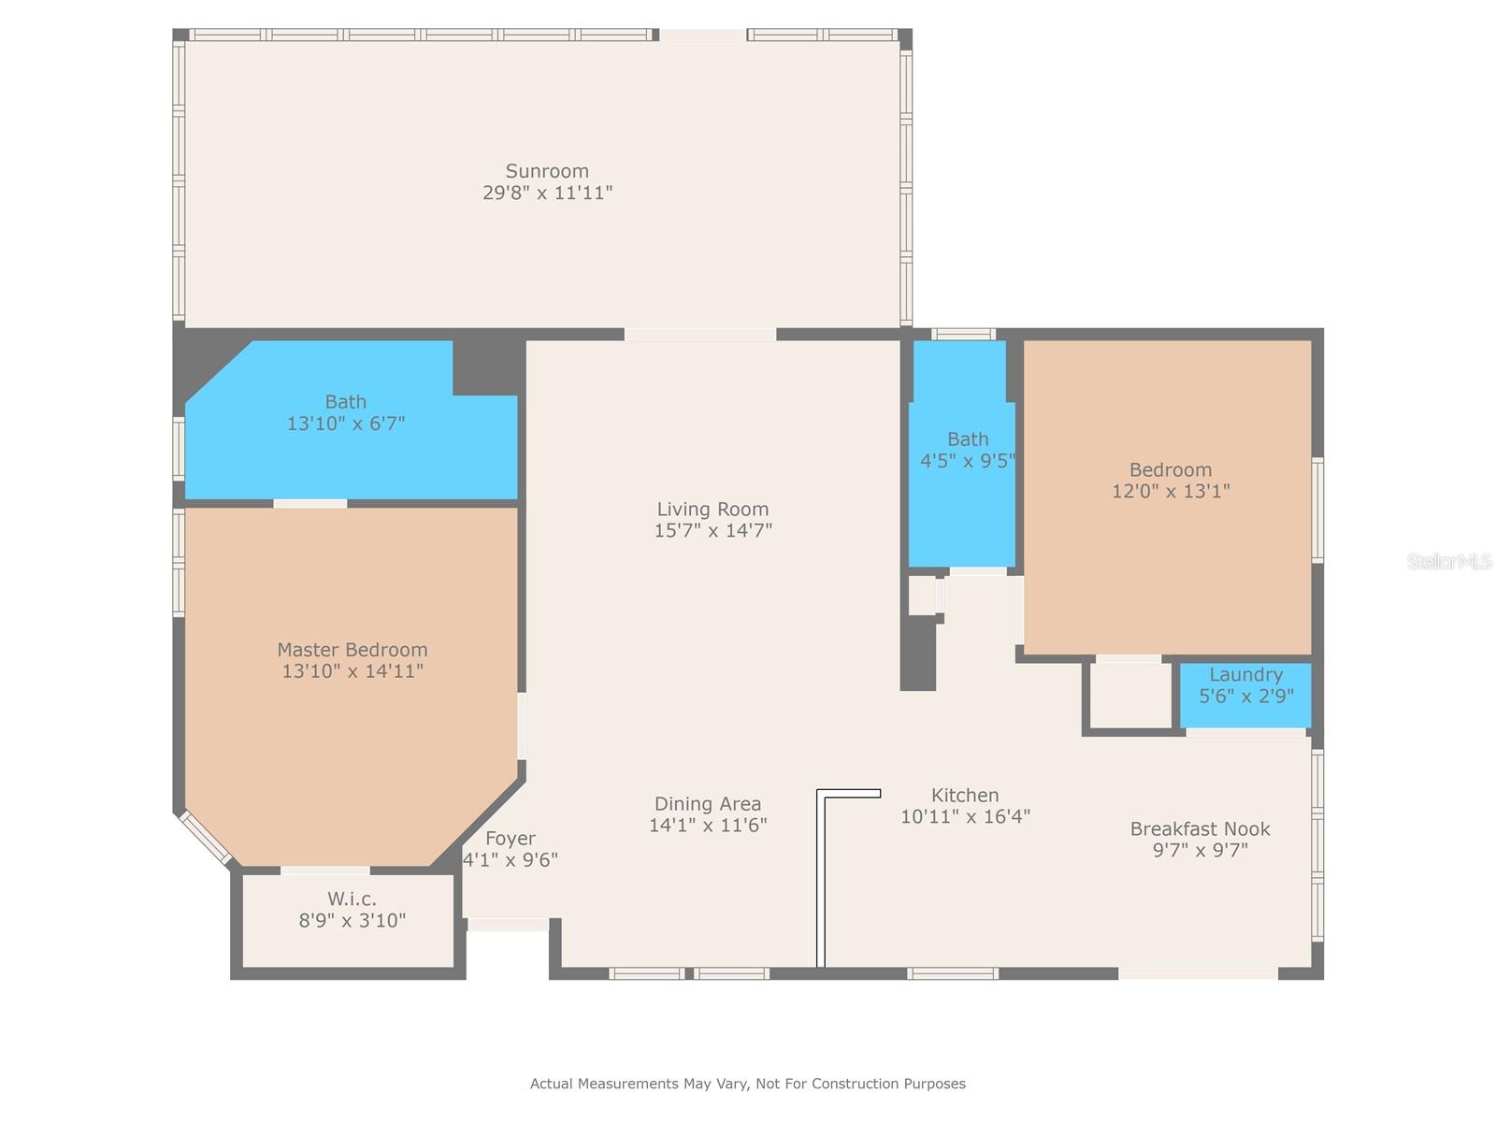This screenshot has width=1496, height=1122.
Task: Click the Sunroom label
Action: pyautogui.click(x=547, y=171)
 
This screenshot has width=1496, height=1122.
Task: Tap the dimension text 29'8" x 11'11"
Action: pyautogui.click(x=547, y=193)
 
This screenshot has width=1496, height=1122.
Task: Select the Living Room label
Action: pyautogui.click(x=712, y=509)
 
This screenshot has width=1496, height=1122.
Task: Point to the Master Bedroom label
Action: pyautogui.click(x=352, y=649)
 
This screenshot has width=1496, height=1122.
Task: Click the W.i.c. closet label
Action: pyautogui.click(x=352, y=899)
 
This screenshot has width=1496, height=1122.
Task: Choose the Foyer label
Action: pyautogui.click(x=511, y=839)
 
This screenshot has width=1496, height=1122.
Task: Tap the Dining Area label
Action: pyautogui.click(x=708, y=804)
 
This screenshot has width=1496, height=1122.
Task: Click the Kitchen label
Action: pyautogui.click(x=965, y=795)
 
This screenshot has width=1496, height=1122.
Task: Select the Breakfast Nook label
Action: pyautogui.click(x=1200, y=829)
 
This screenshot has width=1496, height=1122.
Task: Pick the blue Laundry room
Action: pyautogui.click(x=1245, y=696)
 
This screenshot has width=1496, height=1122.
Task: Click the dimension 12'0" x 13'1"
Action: pyautogui.click(x=1171, y=491)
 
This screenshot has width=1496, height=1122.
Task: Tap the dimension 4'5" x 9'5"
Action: pyautogui.click(x=968, y=461)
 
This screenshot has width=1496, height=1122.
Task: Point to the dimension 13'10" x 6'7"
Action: pyautogui.click(x=346, y=424)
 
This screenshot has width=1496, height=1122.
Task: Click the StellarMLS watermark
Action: pyautogui.click(x=1449, y=561)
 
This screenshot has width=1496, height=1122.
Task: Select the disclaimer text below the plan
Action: pyautogui.click(x=748, y=1083)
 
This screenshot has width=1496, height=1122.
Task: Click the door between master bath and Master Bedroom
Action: pyautogui.click(x=310, y=503)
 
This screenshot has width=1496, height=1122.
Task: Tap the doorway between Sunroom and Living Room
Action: pyautogui.click(x=700, y=334)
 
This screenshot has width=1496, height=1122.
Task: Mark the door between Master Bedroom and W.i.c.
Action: pyautogui.click(x=325, y=870)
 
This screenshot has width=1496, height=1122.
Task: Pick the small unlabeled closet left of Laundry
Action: pyautogui.click(x=1130, y=696)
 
